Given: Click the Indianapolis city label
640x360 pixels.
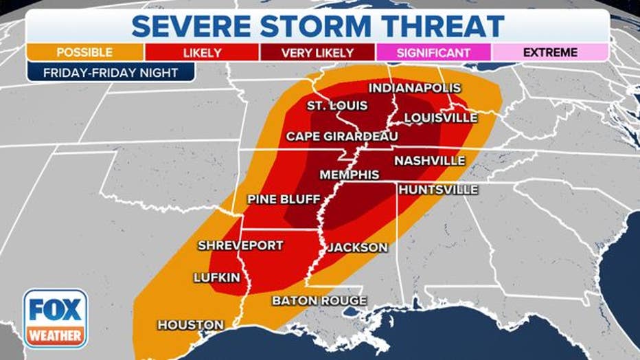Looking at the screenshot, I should [414, 88].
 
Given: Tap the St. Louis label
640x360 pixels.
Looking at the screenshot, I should [337, 106].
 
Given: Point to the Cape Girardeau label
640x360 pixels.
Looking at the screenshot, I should [341, 136].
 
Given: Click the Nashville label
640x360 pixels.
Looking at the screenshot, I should [430, 160].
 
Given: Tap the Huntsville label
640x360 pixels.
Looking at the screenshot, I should [437, 189].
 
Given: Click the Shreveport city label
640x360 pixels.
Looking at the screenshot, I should [240, 245].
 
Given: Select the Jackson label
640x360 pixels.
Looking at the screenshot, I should [357, 247].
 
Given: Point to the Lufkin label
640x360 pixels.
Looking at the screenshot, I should [216, 277].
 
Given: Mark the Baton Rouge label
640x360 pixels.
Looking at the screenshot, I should [319, 300].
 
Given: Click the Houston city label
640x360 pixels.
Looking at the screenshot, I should [190, 324].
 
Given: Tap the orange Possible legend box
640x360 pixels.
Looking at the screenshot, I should [85, 52].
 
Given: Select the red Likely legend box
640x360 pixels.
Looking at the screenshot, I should [201, 52].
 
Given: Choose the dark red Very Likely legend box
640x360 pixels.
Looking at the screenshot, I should [317, 52].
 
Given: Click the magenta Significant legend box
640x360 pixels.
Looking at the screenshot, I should [433, 52].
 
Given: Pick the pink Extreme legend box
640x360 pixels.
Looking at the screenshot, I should [550, 52].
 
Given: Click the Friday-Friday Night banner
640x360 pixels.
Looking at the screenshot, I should [111, 73].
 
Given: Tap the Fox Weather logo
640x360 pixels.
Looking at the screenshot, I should [55, 318].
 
